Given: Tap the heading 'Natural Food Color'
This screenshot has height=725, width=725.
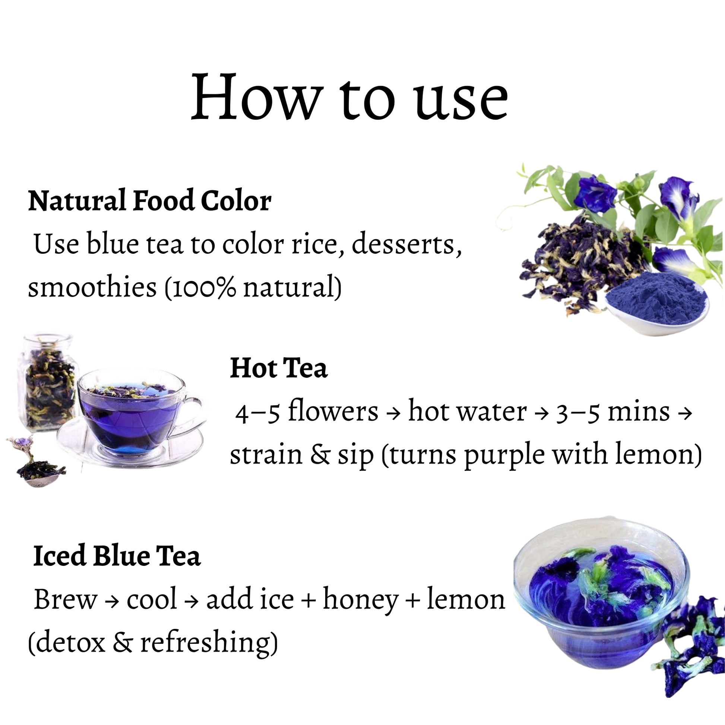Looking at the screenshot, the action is pos(150,201).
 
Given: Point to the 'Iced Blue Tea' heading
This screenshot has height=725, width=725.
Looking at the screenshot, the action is pos(117,555).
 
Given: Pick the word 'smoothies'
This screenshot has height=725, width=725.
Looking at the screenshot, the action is pos(92,287).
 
